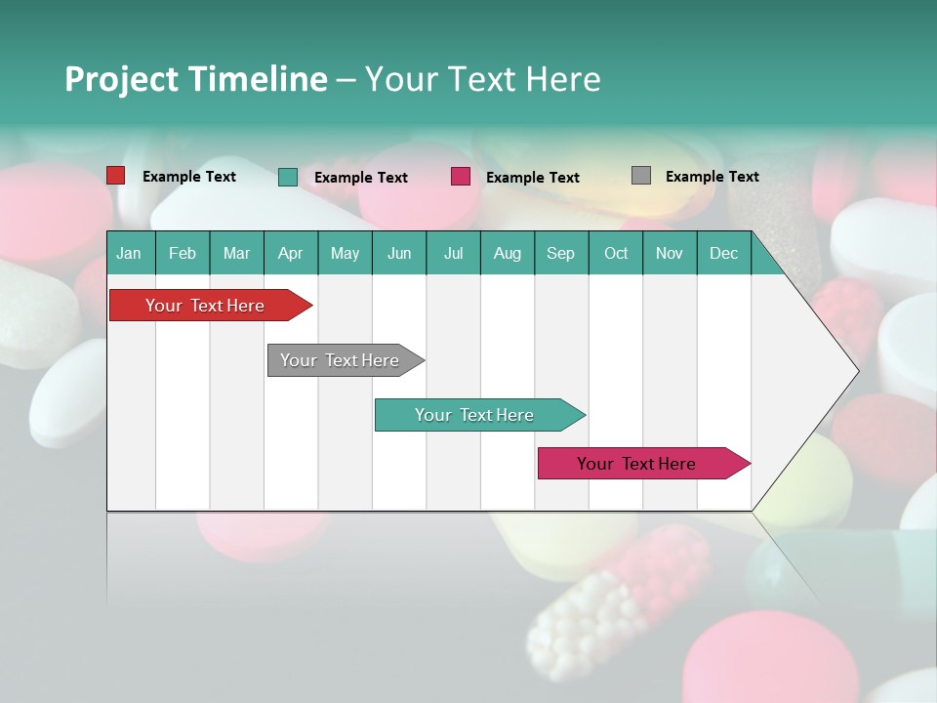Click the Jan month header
[x=129, y=253]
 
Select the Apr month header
[x=290, y=253]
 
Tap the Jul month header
[x=453, y=253]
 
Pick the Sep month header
[x=560, y=253]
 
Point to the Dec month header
[x=723, y=253]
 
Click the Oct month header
[x=616, y=253]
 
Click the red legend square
[x=116, y=176]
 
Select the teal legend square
[x=288, y=177]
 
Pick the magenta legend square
[x=461, y=177]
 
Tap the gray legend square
[x=641, y=176]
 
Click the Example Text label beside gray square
[x=712, y=176]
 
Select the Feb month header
[x=183, y=253]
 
